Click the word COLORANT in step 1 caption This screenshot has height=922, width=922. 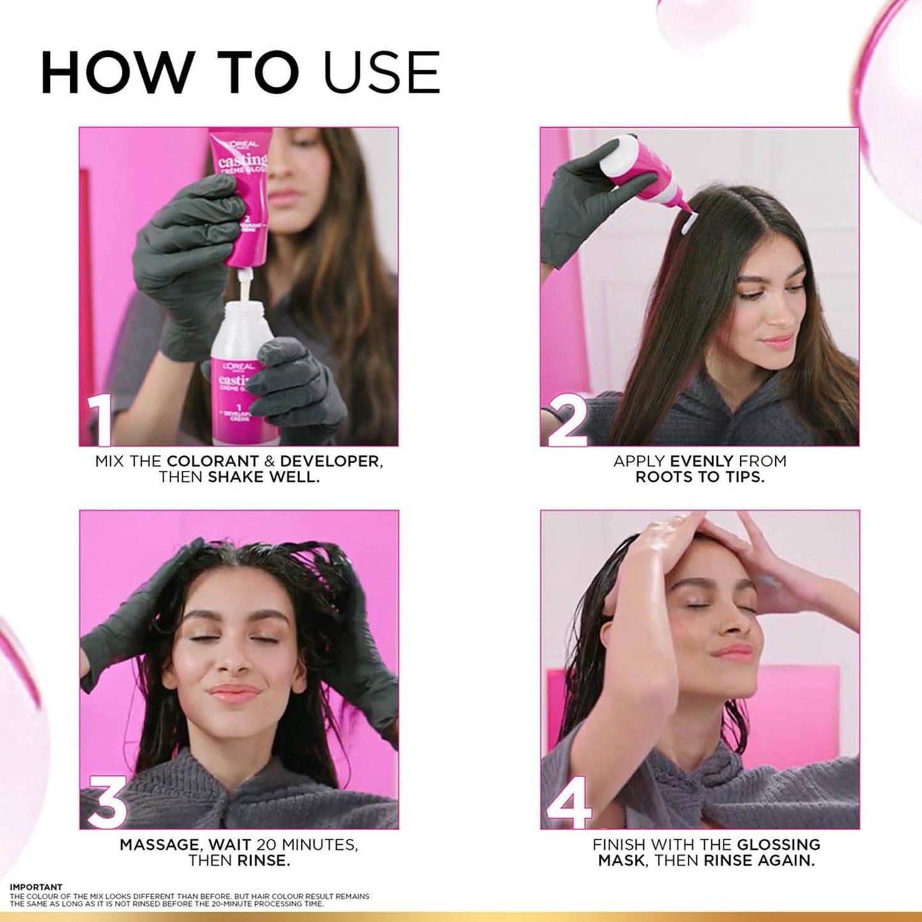212,461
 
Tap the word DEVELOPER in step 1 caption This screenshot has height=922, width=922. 330,461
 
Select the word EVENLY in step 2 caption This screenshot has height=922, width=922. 701,461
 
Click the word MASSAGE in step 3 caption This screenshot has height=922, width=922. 159,845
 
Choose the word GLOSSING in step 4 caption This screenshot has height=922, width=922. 778,845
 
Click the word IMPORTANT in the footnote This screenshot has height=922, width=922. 36,887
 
